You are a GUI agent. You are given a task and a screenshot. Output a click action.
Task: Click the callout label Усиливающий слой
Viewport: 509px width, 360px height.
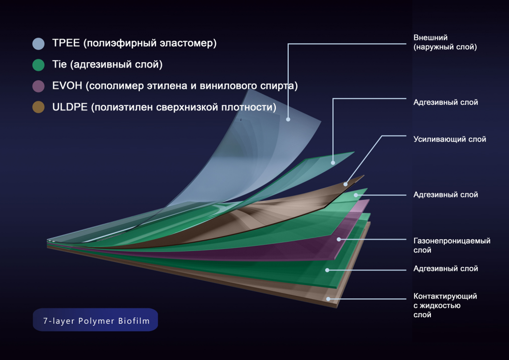coord(449,139)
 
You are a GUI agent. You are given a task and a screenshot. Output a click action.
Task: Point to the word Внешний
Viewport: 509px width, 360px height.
coord(430,38)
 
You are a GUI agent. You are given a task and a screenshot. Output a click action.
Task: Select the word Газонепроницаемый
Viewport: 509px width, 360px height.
coord(452,241)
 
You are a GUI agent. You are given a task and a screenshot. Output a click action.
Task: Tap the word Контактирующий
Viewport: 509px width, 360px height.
coord(445,296)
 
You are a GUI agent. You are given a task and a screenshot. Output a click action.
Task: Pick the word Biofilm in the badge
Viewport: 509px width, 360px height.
coord(134,321)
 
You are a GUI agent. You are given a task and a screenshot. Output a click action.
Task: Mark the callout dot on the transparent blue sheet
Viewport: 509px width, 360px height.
coord(288,119)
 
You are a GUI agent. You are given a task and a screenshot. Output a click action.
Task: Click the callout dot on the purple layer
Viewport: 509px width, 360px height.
coord(339,239)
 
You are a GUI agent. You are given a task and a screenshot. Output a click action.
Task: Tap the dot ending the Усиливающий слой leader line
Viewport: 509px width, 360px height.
coord(345,184)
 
